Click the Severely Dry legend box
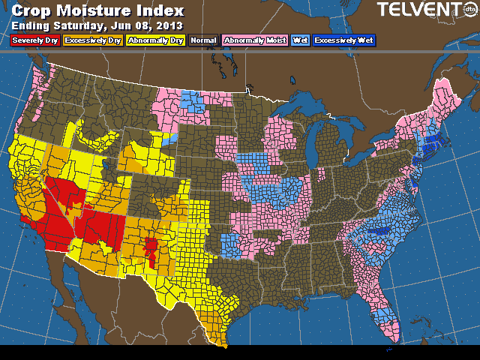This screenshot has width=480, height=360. [35, 40]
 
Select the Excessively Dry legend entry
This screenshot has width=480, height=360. [92, 40]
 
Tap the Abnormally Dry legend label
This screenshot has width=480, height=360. [154, 40]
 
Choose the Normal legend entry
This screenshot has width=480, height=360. [203, 40]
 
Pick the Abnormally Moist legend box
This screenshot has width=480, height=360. [255, 40]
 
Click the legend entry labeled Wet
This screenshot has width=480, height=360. [301, 40]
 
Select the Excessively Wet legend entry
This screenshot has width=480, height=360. [344, 40]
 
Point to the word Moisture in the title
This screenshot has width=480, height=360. [100, 11]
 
